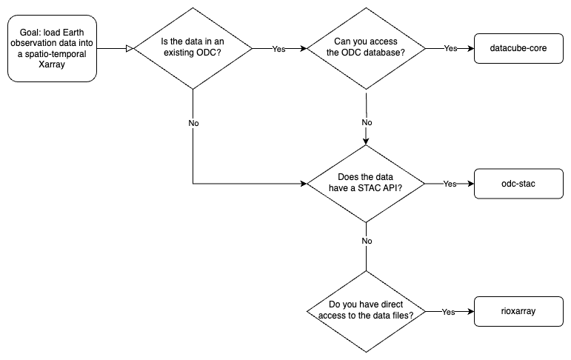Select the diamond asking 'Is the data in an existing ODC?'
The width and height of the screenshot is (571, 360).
click(193, 48)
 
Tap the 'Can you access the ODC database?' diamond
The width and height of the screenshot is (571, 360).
click(367, 48)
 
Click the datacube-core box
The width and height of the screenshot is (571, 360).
click(519, 48)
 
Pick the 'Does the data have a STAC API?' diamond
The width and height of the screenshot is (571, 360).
click(367, 183)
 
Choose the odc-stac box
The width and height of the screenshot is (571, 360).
click(519, 183)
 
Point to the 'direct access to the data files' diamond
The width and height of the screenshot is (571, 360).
click(367, 312)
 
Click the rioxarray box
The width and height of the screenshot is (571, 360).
click(519, 312)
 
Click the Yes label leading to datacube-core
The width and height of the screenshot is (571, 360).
click(450, 48)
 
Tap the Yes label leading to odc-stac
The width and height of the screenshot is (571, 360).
click(450, 184)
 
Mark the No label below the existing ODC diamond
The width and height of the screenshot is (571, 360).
click(193, 122)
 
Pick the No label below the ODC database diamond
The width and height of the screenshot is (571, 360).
click(367, 122)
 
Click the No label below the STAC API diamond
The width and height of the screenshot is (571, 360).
click(367, 241)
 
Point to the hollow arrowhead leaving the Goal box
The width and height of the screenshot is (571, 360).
click(130, 48)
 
